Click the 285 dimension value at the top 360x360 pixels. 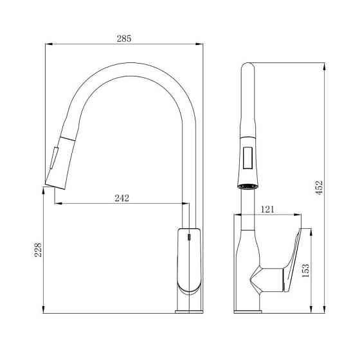(x=123, y=38)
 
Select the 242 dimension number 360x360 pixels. (x=122, y=198)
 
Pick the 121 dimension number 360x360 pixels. (x=269, y=210)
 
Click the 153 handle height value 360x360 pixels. (x=305, y=269)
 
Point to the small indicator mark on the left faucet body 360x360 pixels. (x=188, y=238)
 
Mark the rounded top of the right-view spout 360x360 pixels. (x=246, y=66)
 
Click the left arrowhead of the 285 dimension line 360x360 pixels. (x=47, y=44)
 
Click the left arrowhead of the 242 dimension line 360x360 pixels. (x=57, y=204)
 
